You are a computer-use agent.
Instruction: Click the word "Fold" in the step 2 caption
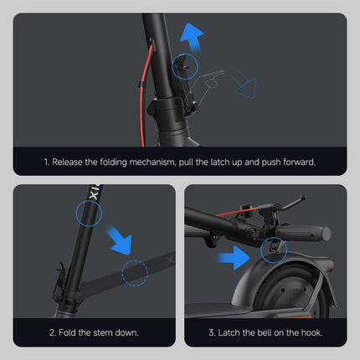[69, 332]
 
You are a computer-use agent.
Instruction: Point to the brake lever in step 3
[280, 207]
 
